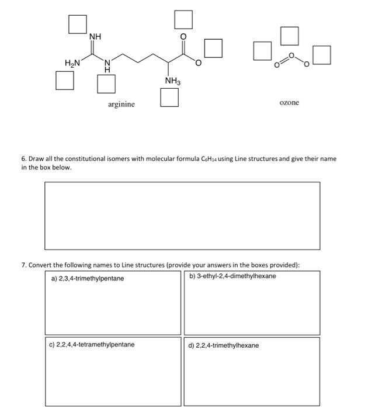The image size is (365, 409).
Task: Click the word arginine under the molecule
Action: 121,104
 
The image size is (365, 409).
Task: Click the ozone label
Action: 289,102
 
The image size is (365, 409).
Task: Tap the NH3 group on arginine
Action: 172,81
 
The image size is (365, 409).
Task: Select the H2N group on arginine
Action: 72,62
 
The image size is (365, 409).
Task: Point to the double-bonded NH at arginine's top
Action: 95,37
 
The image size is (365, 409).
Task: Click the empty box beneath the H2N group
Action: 65,80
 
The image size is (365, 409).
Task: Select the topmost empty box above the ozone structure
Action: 290,36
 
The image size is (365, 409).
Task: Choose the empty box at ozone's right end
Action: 322,55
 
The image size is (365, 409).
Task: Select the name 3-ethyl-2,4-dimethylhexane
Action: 233,276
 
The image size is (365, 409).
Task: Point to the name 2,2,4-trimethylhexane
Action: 224,345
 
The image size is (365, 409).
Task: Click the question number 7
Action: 23,265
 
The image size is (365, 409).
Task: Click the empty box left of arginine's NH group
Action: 77,24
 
